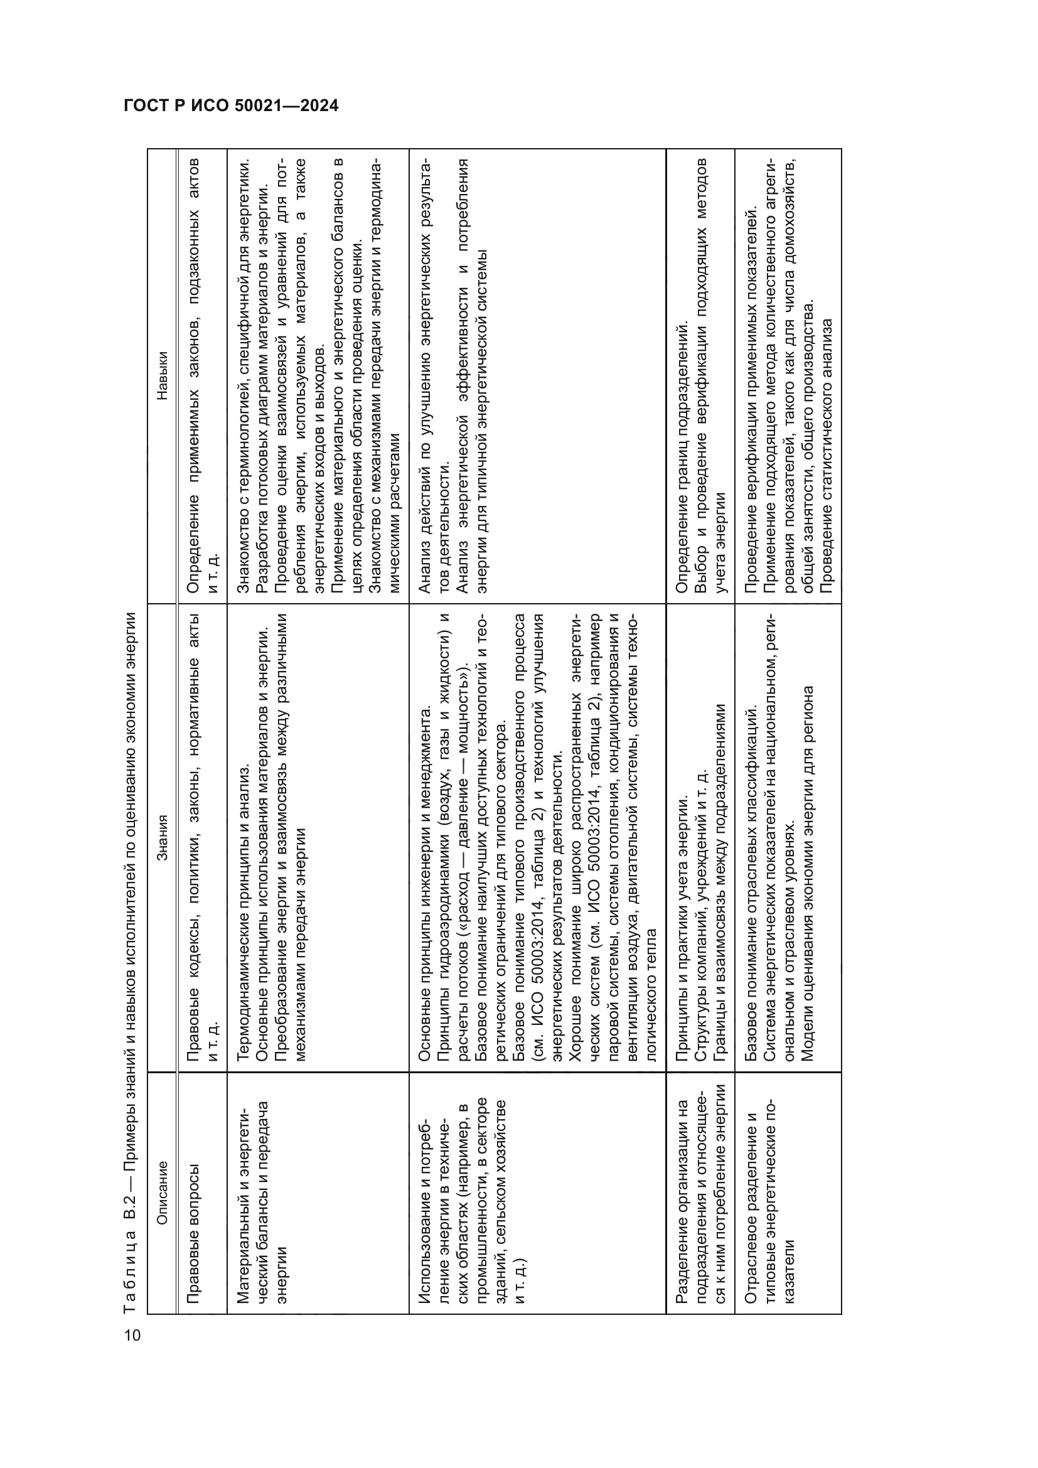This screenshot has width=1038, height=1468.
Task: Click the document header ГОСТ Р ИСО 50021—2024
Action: click(231, 106)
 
